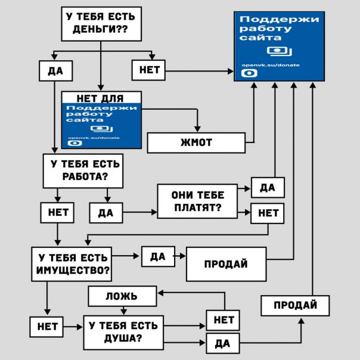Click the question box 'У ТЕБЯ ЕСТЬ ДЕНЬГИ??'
tap(101, 24)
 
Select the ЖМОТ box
tap(196, 143)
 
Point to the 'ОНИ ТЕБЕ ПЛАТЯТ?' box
tap(197, 201)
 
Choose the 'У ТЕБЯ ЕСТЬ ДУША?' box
tap(123, 332)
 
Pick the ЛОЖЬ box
tap(122, 296)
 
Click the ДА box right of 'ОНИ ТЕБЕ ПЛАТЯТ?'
tap(268, 188)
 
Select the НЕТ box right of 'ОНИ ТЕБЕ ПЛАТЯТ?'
tap(267, 213)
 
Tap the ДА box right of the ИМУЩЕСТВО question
tap(157, 256)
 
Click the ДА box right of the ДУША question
tap(222, 343)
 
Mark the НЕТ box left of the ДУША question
tap(47, 326)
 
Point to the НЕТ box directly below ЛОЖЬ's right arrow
tap(223, 320)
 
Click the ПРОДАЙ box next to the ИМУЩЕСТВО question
tap(225, 264)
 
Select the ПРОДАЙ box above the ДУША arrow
tap(295, 305)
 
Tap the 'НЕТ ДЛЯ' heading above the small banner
tap(101, 97)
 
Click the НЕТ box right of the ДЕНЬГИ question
tap(148, 70)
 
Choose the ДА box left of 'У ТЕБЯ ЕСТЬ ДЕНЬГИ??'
tap(55, 71)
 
